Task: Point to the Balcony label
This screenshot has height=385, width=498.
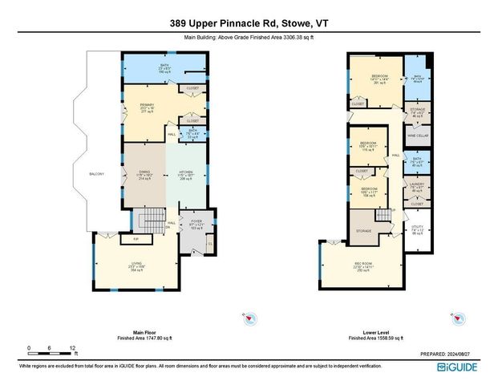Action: [96, 173]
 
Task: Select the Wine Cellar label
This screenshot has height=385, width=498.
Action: [416, 135]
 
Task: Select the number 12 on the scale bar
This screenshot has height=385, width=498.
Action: [72, 347]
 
